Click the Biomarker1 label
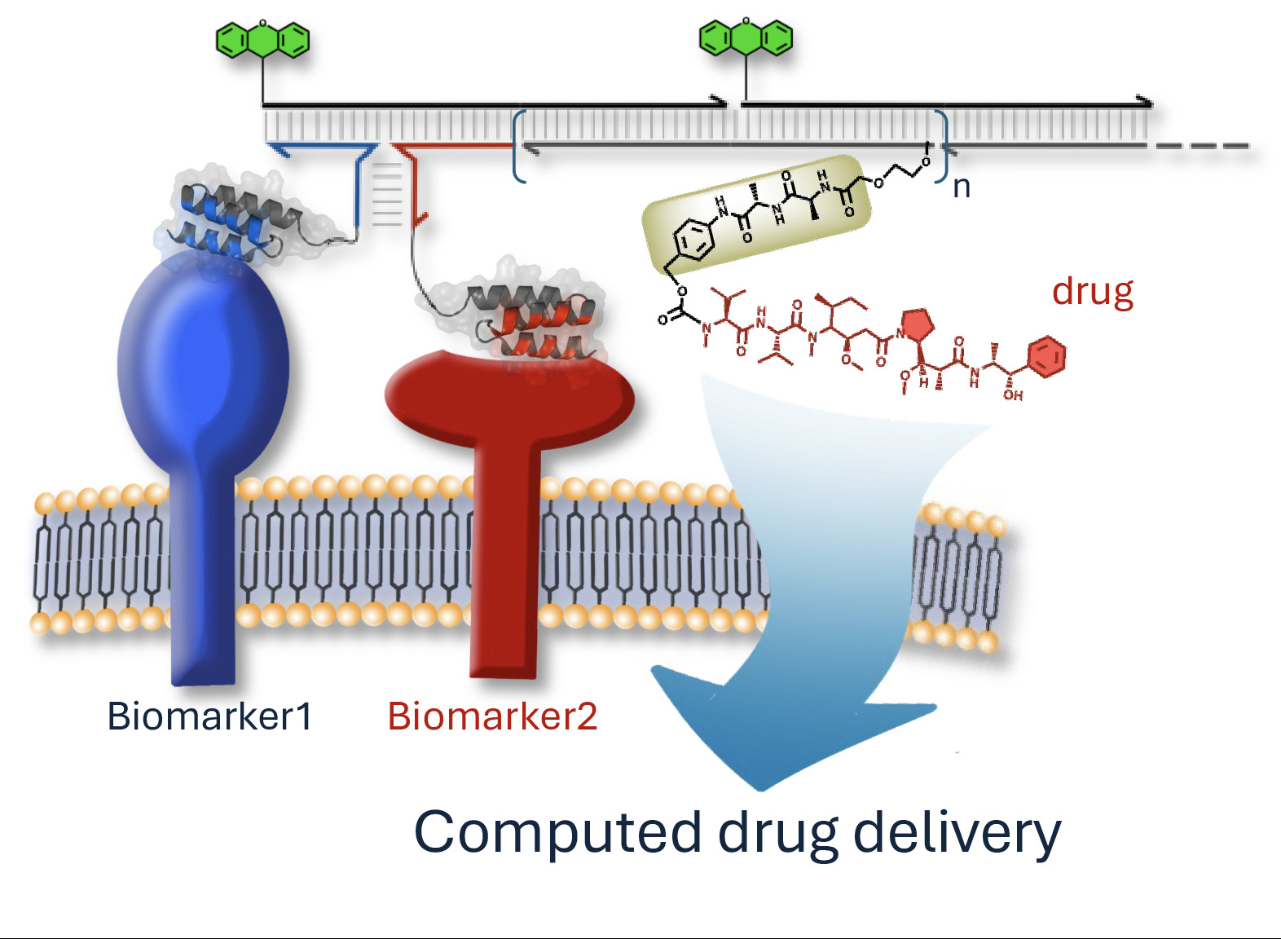[209, 716]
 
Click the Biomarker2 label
[492, 716]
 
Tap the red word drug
[1092, 291]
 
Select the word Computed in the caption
[557, 832]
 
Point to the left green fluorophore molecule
[262, 40]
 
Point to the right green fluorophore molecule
[746, 37]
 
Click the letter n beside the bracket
[962, 187]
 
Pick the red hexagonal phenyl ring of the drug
[1046, 357]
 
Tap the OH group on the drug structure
[1013, 395]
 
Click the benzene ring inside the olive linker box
[693, 240]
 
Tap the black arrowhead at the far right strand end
[1145, 102]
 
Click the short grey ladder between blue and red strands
[387, 196]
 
